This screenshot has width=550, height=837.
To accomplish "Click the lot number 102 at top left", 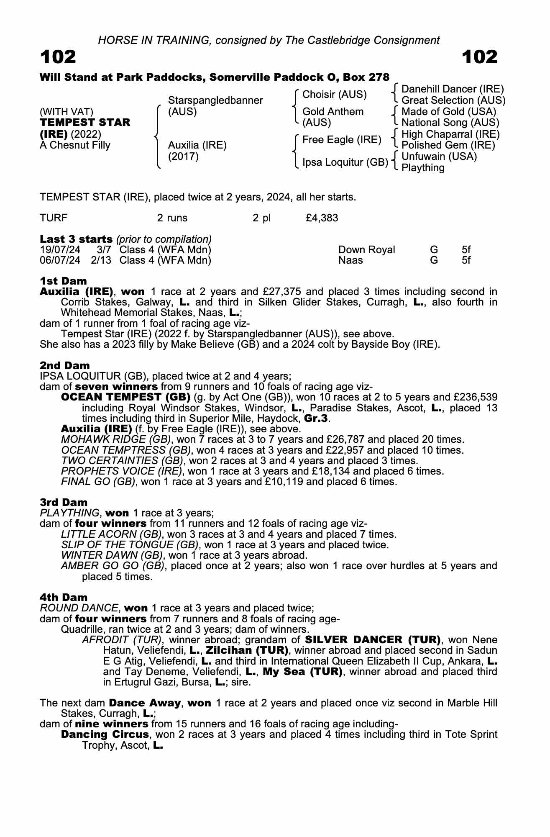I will [58, 57].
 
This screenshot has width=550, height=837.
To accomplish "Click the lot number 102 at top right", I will [480, 57].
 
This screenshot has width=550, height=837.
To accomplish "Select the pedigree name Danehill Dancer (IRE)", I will [453, 89].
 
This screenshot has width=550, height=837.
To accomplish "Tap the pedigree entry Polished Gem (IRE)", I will [448, 145].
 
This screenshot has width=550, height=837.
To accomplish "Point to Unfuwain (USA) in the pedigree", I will [439, 157].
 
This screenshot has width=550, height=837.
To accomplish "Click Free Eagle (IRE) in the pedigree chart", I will [342, 140].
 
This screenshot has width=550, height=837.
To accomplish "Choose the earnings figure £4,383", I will [322, 218].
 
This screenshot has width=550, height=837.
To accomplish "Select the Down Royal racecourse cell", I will [366, 250].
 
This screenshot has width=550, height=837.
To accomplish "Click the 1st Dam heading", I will [63, 281].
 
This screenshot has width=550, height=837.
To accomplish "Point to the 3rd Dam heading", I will [64, 502].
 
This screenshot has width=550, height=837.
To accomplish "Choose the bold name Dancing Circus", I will [105, 734].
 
